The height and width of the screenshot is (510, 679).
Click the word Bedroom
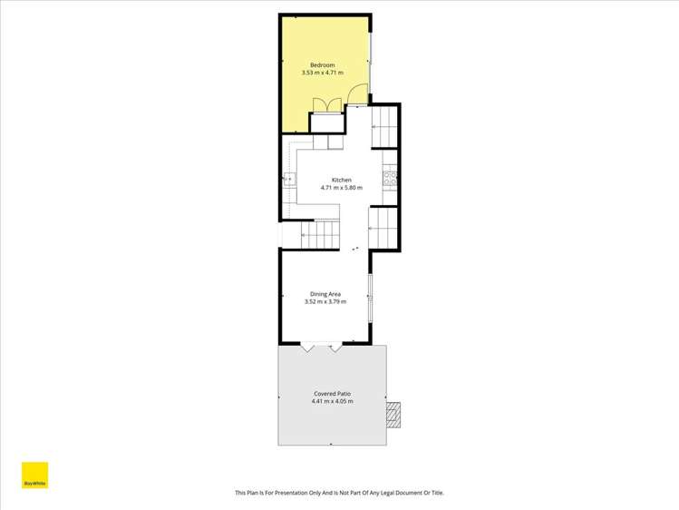(x=323, y=65)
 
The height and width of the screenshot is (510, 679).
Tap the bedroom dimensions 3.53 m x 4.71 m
(x=323, y=73)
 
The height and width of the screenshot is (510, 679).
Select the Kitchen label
(x=341, y=180)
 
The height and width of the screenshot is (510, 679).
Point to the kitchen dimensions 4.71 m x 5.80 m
(x=341, y=188)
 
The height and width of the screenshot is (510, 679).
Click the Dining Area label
(x=325, y=294)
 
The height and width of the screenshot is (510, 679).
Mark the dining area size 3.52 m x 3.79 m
(x=325, y=301)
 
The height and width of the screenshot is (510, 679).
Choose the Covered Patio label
(x=332, y=394)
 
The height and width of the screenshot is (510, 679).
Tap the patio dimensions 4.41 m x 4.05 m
(x=332, y=401)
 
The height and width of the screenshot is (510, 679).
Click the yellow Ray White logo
(x=34, y=477)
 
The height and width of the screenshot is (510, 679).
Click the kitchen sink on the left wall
(x=289, y=179)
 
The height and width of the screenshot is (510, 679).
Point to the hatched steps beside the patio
(x=393, y=415)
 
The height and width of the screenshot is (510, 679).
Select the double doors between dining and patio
(x=323, y=348)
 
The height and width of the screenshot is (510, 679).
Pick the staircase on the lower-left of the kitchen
(x=312, y=235)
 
